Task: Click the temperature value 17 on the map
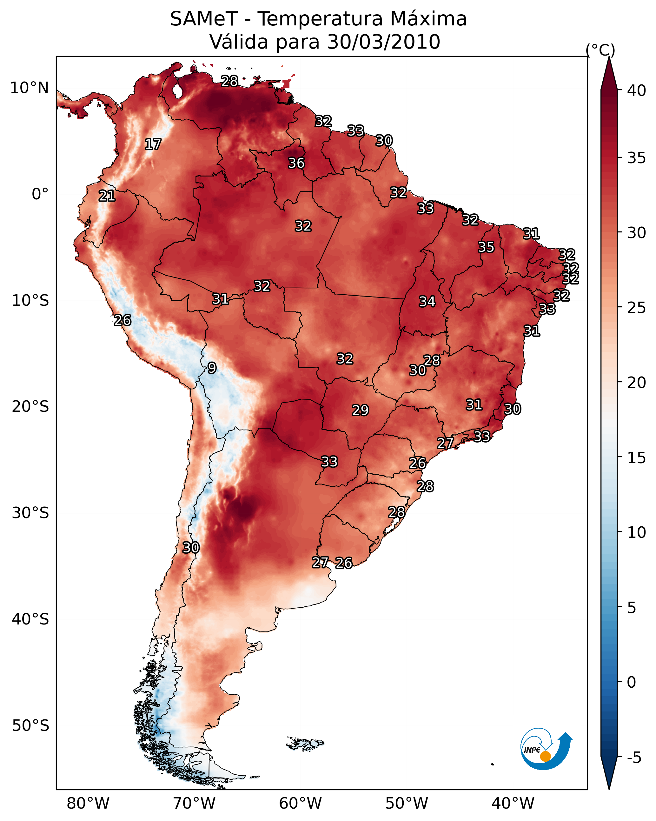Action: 153,144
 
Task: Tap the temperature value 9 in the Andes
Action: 212,368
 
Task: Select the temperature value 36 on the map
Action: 296,163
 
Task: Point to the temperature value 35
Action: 486,247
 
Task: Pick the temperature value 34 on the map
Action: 427,301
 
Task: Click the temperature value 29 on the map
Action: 360,410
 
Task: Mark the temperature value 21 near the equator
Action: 107,196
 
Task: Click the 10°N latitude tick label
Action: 29,88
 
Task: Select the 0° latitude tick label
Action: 40,194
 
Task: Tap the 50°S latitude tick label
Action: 30,726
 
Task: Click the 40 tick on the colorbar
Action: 637,90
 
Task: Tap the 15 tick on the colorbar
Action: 637,458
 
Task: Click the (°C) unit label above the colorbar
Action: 600,50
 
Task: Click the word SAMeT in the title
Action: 204,19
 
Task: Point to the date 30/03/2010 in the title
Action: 384,42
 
